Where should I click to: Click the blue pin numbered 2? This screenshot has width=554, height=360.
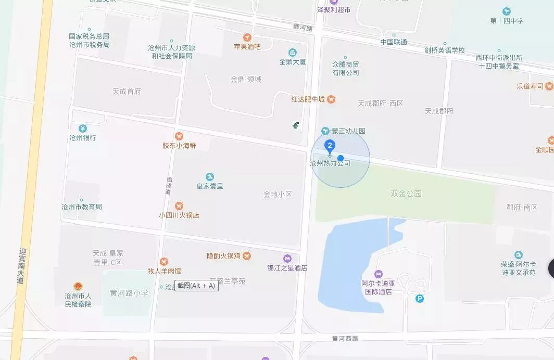(329, 146)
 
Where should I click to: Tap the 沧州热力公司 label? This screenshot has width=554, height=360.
(330, 163)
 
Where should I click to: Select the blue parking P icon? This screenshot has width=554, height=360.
(420, 298)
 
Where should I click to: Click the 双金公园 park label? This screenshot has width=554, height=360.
(406, 194)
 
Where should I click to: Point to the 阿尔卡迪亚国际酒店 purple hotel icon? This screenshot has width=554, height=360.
(379, 274)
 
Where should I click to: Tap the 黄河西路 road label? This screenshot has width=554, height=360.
(345, 338)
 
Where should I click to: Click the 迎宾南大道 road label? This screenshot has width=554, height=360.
(21, 265)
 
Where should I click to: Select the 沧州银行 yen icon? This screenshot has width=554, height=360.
(82, 128)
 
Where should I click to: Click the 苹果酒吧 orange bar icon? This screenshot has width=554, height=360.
(247, 37)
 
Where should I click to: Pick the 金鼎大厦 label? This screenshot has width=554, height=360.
(292, 61)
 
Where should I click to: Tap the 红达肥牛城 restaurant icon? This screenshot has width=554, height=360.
(331, 99)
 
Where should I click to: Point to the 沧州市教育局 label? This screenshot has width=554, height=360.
(82, 207)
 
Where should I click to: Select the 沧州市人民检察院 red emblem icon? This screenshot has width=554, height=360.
(78, 286)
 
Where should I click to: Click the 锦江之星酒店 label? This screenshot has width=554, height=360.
(287, 268)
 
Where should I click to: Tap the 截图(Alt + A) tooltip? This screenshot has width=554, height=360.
(196, 286)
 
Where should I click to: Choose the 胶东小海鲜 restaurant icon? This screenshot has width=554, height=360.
(179, 136)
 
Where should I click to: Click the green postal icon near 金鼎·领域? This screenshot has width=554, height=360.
(296, 125)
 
